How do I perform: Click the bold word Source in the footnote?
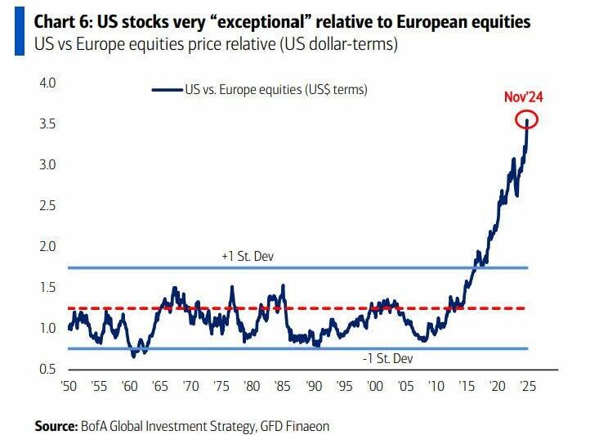(55, 425)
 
